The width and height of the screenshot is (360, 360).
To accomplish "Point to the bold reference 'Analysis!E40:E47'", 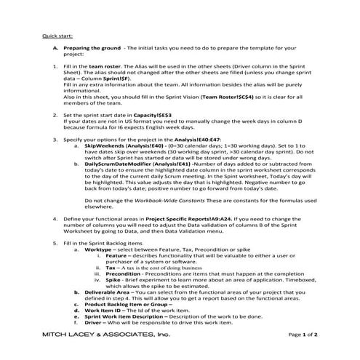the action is pyautogui.click(x=189, y=138).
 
